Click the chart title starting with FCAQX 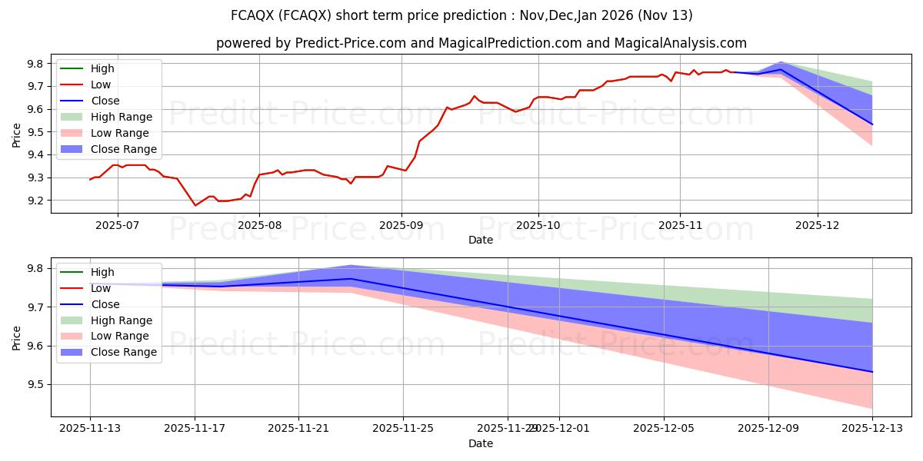(461, 15)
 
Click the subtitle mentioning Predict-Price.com (481, 43)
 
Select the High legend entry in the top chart (102, 68)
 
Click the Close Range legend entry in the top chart (123, 149)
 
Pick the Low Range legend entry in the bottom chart (121, 337)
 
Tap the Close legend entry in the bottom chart (105, 304)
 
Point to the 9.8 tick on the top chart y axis (36, 64)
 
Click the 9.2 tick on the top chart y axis (36, 201)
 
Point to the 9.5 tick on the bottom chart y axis (36, 384)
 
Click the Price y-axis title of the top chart (17, 136)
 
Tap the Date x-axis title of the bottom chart (481, 444)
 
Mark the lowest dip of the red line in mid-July (195, 205)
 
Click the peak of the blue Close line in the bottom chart (351, 278)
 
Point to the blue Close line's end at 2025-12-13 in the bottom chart (871, 372)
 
